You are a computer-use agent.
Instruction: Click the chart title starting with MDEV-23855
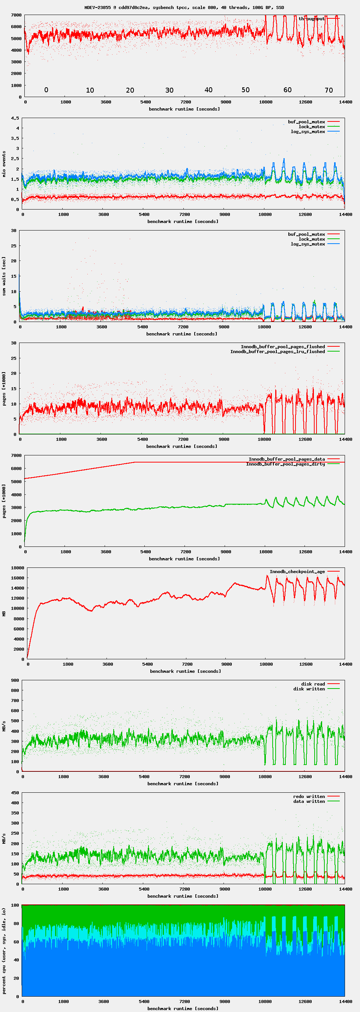(x=184, y=7)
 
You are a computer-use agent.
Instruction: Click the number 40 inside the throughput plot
(x=208, y=90)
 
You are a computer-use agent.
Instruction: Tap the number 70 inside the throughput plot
(x=328, y=90)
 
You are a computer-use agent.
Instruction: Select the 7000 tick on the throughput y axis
(x=16, y=15)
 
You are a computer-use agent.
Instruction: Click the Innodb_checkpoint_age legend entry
(x=297, y=572)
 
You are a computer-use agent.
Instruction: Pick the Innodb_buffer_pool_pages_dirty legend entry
(x=285, y=464)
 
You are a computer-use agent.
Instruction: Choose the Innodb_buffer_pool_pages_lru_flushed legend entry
(x=277, y=352)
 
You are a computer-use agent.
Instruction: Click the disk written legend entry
(x=309, y=689)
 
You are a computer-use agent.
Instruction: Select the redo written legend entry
(x=309, y=796)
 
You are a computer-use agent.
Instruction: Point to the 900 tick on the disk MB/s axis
(x=15, y=680)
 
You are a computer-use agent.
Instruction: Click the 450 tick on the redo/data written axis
(x=15, y=793)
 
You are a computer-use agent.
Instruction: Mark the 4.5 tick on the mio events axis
(x=15, y=118)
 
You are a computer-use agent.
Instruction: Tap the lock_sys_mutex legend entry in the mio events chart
(x=312, y=127)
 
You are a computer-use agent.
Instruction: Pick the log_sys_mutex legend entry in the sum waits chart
(x=308, y=244)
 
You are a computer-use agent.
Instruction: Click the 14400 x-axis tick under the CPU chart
(x=345, y=1002)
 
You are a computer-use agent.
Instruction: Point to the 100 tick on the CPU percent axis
(x=15, y=905)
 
